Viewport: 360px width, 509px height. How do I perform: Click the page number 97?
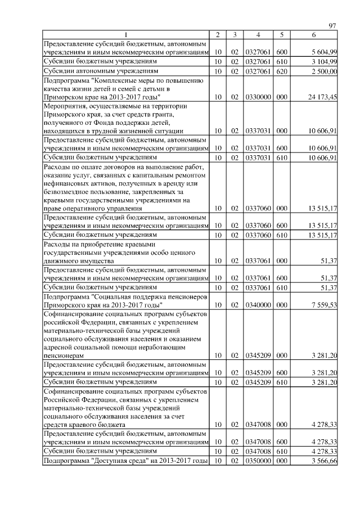[332, 25]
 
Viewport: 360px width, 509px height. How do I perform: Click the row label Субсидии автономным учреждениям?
[101, 71]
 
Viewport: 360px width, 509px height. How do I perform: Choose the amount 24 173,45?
[321, 97]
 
